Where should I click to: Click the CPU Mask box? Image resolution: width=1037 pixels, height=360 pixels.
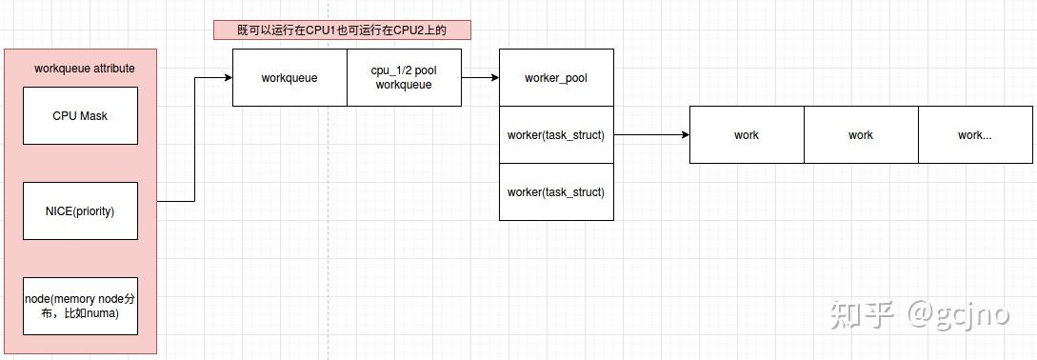coord(80,116)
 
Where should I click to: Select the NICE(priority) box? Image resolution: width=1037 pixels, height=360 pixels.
coord(80,210)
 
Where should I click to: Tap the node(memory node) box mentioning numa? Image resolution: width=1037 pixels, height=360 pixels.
coord(80,306)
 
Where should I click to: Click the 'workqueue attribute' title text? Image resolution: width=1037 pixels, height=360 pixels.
coord(84,69)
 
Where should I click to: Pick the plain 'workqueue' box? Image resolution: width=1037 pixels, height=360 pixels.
coord(289,78)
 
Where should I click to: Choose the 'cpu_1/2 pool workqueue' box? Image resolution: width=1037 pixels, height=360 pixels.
coord(404,78)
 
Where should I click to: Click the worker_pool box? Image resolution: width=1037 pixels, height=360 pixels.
coord(556,78)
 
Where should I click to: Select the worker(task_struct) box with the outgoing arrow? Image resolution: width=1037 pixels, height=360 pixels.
coord(556,135)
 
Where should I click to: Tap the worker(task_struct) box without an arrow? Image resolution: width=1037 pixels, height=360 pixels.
coord(556,192)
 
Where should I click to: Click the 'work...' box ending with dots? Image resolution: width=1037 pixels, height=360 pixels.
coord(974,135)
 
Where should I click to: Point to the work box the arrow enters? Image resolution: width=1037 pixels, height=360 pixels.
coord(747,135)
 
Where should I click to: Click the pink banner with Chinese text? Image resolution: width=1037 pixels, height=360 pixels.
coord(342,30)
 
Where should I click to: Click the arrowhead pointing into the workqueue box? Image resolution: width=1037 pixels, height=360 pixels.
coord(228,78)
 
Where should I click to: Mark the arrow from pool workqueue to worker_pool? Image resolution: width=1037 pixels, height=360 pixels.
coord(480,78)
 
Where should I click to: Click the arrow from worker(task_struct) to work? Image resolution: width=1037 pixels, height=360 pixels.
coord(651,135)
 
